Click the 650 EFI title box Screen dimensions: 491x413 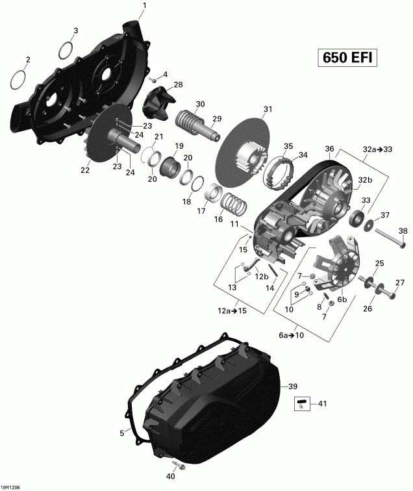[x=347, y=58]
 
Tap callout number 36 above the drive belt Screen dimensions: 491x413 [x=329, y=149]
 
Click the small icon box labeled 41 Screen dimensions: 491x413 [x=301, y=405]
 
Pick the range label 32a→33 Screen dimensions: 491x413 [x=379, y=149]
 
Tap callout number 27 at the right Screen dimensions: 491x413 [x=400, y=282]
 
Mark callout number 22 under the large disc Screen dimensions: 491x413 [x=85, y=170]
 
